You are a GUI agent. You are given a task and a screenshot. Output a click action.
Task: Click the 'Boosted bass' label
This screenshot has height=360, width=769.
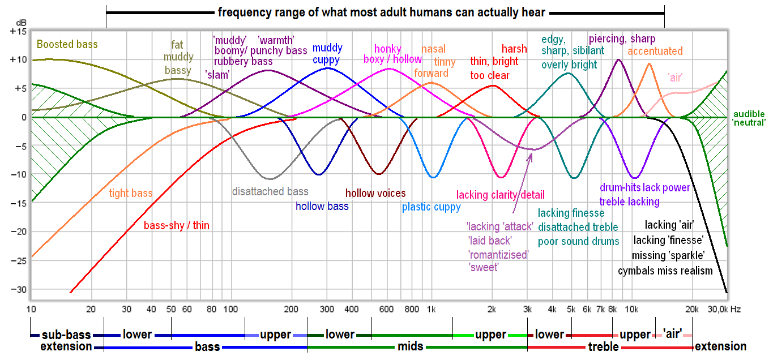(67, 44)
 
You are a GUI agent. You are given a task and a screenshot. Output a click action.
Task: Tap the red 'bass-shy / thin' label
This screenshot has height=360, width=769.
(176, 226)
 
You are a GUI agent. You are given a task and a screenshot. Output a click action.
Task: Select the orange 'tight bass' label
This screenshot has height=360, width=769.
(131, 194)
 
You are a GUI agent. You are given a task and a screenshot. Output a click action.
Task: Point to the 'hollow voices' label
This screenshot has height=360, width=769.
(375, 194)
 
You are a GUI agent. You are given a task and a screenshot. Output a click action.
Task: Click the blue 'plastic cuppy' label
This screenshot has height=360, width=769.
(431, 207)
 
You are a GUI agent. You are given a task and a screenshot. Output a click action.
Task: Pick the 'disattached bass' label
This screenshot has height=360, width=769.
(270, 191)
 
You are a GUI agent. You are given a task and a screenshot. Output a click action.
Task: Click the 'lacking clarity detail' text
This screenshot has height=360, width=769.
(500, 195)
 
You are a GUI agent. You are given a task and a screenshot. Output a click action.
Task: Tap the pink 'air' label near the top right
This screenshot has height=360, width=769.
(675, 79)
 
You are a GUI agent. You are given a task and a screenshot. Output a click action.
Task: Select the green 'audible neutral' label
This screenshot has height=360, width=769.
(749, 118)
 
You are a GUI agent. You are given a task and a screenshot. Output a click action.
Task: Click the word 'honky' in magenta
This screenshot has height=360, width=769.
(387, 49)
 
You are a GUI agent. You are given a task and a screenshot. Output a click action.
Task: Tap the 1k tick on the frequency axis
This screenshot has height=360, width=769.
(431, 309)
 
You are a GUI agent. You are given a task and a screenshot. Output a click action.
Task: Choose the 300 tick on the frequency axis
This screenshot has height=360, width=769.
(326, 309)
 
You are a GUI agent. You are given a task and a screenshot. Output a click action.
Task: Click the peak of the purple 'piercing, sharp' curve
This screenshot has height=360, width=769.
(618, 59)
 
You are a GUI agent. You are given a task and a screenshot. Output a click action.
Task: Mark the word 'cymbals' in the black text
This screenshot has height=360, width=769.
(636, 271)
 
